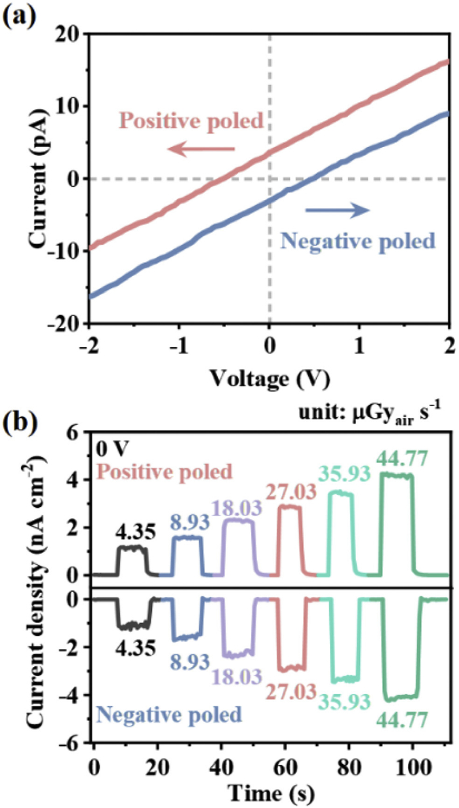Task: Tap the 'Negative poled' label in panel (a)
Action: (x=357, y=241)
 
